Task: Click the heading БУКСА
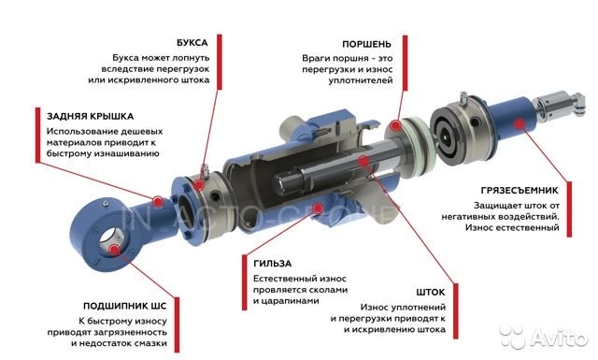click(x=192, y=43)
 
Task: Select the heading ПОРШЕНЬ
click(x=366, y=44)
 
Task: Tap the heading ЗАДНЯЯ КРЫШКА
click(x=90, y=116)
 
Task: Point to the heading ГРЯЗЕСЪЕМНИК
click(x=520, y=190)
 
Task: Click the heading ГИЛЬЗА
click(x=272, y=264)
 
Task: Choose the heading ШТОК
click(x=431, y=293)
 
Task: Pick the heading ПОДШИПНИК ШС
click(x=124, y=306)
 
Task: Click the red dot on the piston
click(x=396, y=125)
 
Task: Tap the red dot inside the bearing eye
click(x=113, y=250)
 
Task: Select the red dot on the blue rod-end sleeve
click(x=518, y=123)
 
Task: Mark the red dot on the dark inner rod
click(x=363, y=161)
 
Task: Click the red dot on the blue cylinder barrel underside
click(x=317, y=208)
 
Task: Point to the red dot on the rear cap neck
click(x=158, y=201)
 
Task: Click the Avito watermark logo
click(x=544, y=338)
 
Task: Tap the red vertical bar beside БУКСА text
click(x=220, y=62)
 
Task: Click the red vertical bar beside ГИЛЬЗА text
click(x=245, y=282)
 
